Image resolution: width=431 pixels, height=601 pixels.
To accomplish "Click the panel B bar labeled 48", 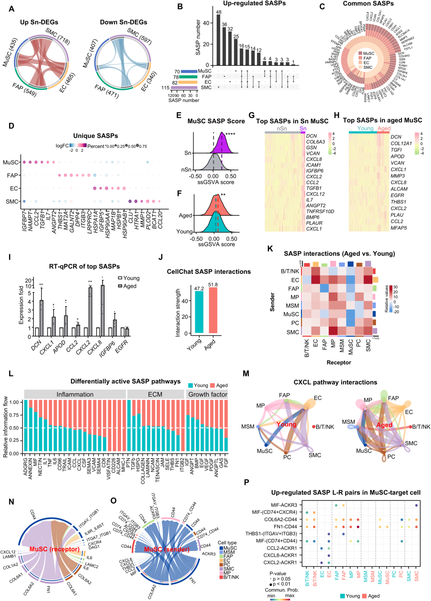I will click(x=218, y=40).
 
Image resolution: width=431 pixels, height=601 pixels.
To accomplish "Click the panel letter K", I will click(x=270, y=249).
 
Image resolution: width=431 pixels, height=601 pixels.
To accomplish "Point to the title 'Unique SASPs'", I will click(x=95, y=136).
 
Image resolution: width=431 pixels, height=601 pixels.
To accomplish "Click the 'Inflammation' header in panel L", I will click(x=75, y=394).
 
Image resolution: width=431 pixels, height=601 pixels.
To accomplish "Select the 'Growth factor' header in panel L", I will click(x=208, y=394).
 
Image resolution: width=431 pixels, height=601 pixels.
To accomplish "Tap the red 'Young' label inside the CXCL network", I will click(x=286, y=424).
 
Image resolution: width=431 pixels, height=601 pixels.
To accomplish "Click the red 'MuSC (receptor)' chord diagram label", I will click(x=54, y=549).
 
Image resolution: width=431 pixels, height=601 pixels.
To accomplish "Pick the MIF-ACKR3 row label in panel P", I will click(x=284, y=505).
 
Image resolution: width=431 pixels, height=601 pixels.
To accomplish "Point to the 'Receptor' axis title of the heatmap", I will click(x=339, y=362).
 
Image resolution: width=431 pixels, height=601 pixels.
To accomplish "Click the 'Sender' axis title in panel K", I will click(x=273, y=302).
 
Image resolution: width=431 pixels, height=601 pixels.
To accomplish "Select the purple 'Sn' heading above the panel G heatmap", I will click(x=303, y=129).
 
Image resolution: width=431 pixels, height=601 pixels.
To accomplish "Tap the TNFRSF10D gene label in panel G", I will click(x=320, y=212).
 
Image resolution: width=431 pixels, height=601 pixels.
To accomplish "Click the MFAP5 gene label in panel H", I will click(x=399, y=228).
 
